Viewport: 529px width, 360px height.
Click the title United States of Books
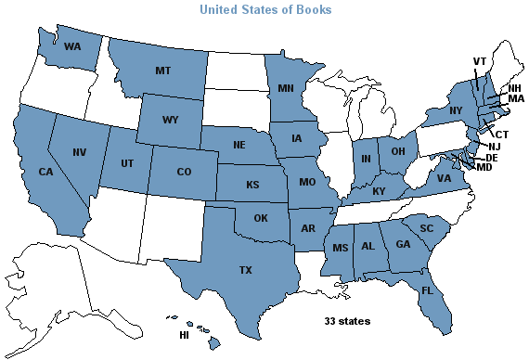pos(265,10)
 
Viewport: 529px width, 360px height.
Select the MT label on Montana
pos(161,70)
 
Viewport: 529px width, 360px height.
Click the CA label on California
pos(46,172)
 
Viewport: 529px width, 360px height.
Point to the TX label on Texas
pos(244,270)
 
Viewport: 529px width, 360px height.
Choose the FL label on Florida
pos(427,289)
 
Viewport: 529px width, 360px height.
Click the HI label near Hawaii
pos(183,334)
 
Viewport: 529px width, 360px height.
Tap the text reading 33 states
pos(347,321)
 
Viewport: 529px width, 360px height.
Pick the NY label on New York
pos(430,111)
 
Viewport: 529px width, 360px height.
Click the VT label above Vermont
pos(480,61)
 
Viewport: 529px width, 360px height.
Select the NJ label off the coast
pos(495,147)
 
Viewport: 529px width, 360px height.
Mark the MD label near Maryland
pos(484,168)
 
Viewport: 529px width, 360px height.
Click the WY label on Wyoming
pos(169,121)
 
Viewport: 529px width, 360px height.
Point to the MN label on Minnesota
pos(286,88)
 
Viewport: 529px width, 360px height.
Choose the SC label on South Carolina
pos(427,227)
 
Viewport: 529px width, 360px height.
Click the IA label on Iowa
pos(298,140)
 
